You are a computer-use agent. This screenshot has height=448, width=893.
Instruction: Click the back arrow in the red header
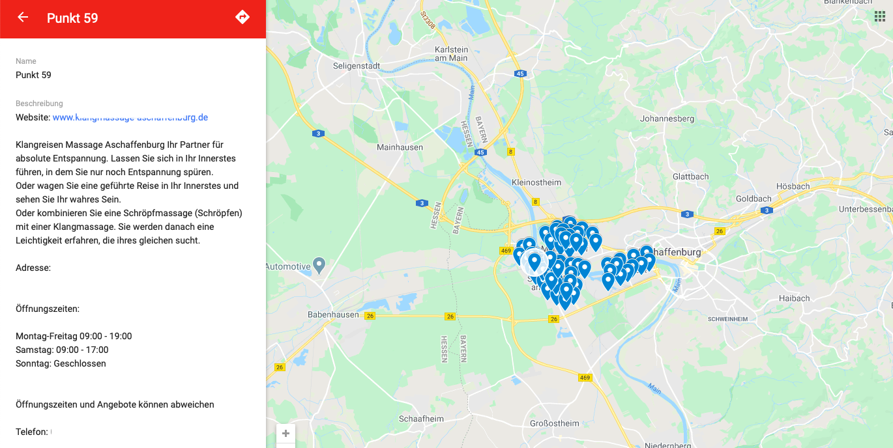pyautogui.click(x=23, y=18)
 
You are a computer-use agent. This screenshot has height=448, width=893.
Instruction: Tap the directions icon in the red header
pyautogui.click(x=242, y=18)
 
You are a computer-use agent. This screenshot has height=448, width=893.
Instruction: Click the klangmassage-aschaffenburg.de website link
pyautogui.click(x=130, y=118)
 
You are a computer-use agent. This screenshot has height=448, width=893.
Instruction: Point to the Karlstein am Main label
pyautogui.click(x=451, y=54)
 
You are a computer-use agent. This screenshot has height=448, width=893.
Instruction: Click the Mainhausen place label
pyautogui.click(x=400, y=148)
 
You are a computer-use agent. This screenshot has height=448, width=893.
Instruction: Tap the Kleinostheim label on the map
pyautogui.click(x=536, y=182)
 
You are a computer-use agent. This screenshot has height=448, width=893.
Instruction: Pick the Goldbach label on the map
pyautogui.click(x=754, y=199)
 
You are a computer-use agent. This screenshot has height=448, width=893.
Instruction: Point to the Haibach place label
pyautogui.click(x=794, y=299)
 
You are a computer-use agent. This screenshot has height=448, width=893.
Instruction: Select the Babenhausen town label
pyautogui.click(x=333, y=315)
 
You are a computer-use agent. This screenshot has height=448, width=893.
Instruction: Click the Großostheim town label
pyautogui.click(x=554, y=423)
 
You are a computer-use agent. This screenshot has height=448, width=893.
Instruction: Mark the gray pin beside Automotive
pyautogui.click(x=319, y=265)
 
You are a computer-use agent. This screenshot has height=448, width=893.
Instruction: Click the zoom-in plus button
pyautogui.click(x=285, y=434)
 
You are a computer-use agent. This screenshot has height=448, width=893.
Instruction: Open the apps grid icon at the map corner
pyautogui.click(x=880, y=17)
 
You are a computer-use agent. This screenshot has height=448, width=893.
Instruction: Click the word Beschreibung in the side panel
pyautogui.click(x=39, y=104)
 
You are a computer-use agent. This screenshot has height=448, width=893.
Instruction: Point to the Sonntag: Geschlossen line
pyautogui.click(x=61, y=364)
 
